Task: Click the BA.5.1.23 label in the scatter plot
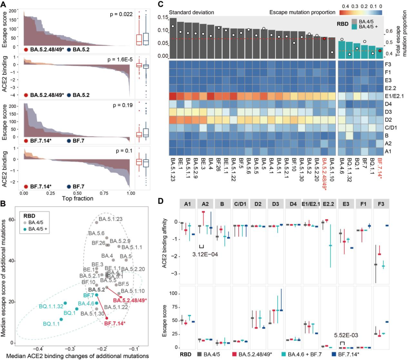coord(111,218)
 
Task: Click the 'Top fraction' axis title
coord(77,198)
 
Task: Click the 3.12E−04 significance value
coord(205,254)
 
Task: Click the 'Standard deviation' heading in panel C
coord(192,12)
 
